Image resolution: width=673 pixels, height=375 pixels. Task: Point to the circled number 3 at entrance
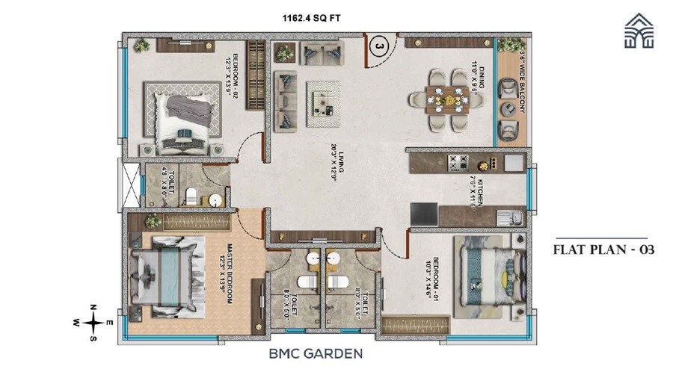(380, 47)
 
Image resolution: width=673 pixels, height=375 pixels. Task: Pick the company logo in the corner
(641, 31)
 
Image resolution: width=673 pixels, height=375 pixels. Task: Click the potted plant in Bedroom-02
(141, 47)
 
